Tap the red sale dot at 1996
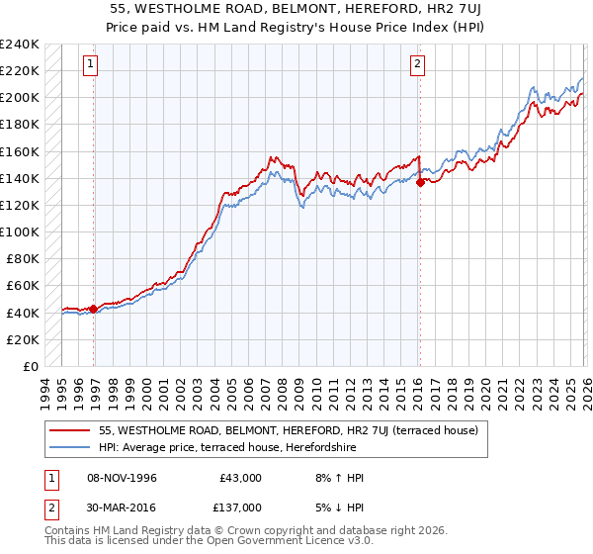(94, 309)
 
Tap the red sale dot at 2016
(421, 182)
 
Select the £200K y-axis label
(20, 97)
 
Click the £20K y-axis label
(22, 339)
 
